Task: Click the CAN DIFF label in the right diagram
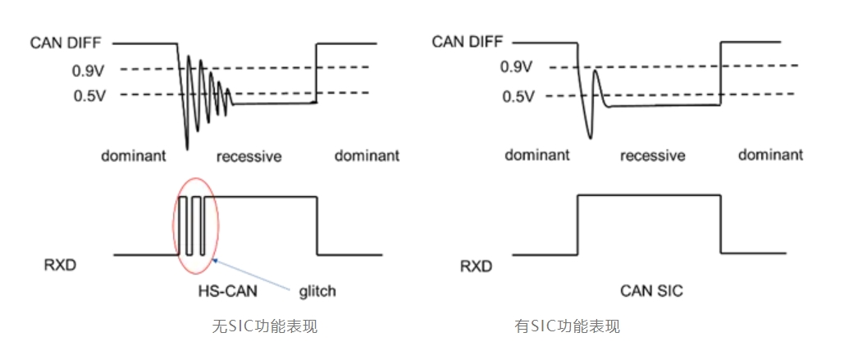(467, 42)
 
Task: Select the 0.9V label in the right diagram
(518, 67)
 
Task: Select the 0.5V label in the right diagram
(518, 97)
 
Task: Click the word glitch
(317, 290)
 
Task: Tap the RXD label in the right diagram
(477, 267)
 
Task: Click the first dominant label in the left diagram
(134, 155)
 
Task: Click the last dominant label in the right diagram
(770, 155)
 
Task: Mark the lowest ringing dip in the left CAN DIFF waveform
(187, 148)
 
